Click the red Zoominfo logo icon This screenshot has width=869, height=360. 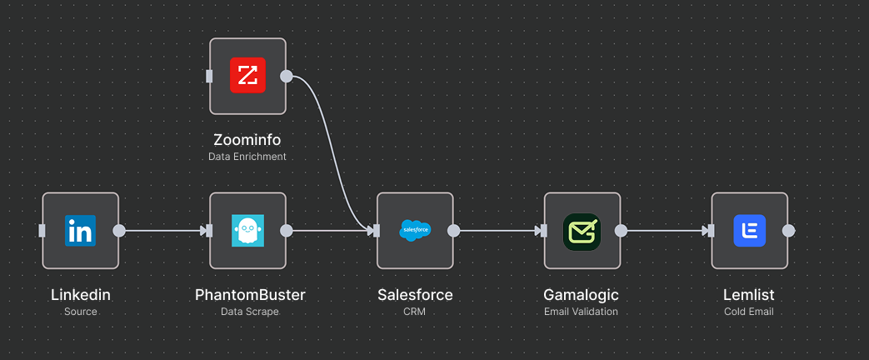tap(247, 76)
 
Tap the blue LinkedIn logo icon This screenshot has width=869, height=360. tap(81, 231)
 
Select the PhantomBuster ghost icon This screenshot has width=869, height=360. tap(247, 231)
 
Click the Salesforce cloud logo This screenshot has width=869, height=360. tap(415, 231)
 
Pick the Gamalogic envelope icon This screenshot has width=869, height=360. tap(582, 231)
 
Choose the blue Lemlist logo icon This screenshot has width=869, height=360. tap(749, 231)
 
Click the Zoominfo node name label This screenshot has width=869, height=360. tap(247, 140)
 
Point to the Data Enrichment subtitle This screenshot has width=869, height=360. tap(247, 157)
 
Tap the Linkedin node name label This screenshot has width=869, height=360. tap(81, 295)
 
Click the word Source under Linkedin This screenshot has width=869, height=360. tap(81, 312)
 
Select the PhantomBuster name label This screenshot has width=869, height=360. tap(250, 295)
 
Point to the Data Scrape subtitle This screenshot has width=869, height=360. tap(250, 312)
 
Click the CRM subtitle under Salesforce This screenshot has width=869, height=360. tap(415, 312)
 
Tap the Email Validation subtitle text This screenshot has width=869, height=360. tap(582, 312)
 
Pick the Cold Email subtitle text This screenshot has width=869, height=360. tap(749, 312)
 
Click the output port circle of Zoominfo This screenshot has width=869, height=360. tap(287, 77)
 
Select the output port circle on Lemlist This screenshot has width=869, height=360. tap(788, 231)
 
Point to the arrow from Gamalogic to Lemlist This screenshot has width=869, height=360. tap(667, 231)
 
